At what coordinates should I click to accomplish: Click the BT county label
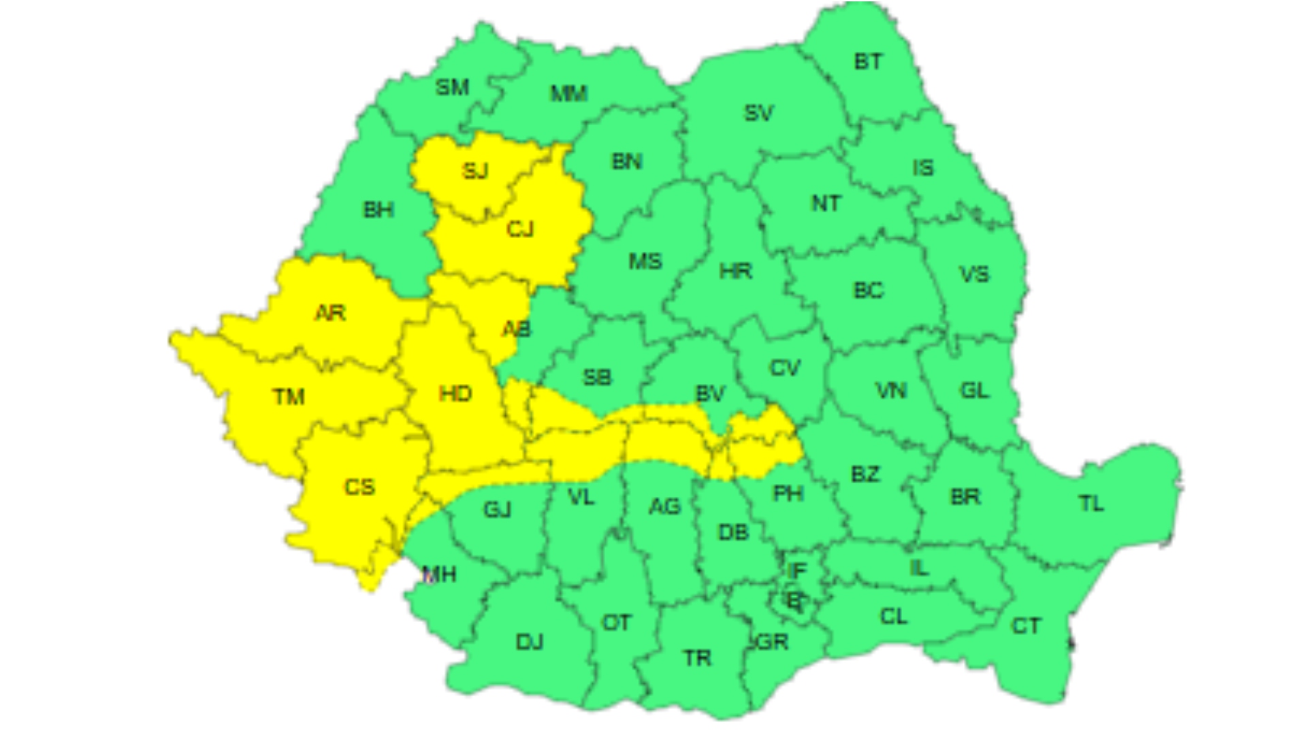click(868, 62)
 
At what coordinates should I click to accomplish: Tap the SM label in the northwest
click(452, 88)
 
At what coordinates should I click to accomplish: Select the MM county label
click(568, 93)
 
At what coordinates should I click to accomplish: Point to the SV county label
click(758, 113)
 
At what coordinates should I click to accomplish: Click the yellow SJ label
click(475, 170)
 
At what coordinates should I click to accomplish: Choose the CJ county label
click(520, 229)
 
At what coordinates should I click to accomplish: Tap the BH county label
click(378, 210)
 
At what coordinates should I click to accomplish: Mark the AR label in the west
click(330, 313)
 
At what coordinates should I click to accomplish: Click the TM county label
click(289, 396)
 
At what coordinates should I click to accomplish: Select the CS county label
click(359, 487)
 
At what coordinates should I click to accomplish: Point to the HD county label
click(455, 393)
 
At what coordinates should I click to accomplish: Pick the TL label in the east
click(1091, 504)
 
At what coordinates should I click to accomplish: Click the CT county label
click(1026, 626)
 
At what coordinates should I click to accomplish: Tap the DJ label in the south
click(530, 641)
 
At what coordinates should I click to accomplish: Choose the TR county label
click(697, 658)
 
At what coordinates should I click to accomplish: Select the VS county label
click(974, 275)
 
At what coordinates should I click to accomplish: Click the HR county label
click(736, 272)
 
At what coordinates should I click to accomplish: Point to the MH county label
click(439, 575)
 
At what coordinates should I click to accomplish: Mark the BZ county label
click(865, 474)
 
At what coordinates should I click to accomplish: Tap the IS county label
click(923, 168)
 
